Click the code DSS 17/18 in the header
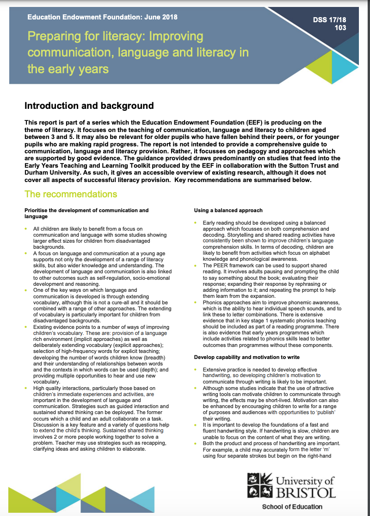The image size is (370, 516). point(330,20)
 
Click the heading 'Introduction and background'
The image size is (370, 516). point(89,106)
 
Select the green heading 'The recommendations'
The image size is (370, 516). point(71,194)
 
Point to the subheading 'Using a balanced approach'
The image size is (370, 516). point(228,210)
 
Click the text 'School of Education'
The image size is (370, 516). point(292,506)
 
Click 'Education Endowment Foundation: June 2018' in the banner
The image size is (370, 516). point(102,18)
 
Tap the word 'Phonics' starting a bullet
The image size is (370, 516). point(213,302)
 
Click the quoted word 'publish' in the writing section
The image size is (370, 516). point(326,412)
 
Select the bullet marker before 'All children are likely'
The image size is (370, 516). point(26,229)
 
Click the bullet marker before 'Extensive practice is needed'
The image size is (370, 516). point(196,369)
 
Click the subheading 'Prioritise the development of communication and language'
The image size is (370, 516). point(86,213)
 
